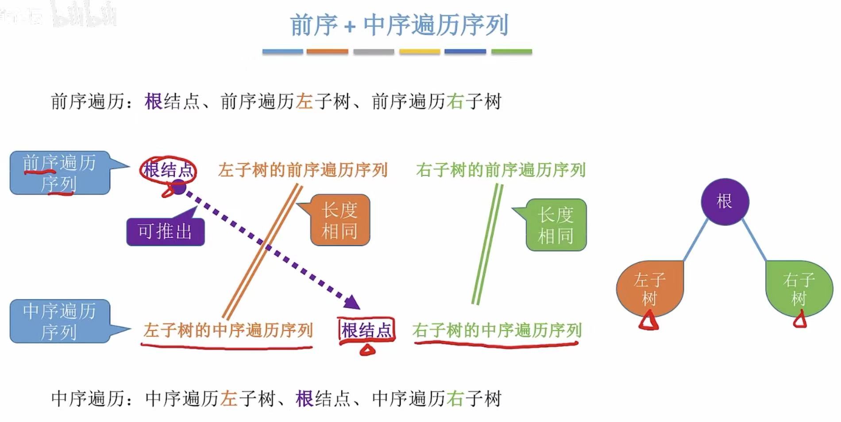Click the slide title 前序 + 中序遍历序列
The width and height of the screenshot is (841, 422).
point(399,25)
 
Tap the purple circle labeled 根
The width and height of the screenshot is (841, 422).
point(725,202)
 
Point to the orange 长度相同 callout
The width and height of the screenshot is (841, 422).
point(340,220)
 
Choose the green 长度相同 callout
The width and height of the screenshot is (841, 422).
point(556,225)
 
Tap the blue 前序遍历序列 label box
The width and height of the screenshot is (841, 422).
point(60,173)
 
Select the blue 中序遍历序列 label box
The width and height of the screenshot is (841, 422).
point(60,322)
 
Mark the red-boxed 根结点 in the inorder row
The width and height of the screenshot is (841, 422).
point(366,330)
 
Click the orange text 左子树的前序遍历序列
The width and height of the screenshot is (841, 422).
point(303,170)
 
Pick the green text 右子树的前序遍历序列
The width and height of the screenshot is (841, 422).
point(501,170)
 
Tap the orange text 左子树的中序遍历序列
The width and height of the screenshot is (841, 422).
point(228,330)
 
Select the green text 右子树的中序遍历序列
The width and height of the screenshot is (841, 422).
point(497,330)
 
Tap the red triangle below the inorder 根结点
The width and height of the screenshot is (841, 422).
point(367,350)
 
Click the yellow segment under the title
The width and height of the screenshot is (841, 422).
point(419,52)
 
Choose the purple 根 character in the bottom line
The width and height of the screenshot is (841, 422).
point(305,399)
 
